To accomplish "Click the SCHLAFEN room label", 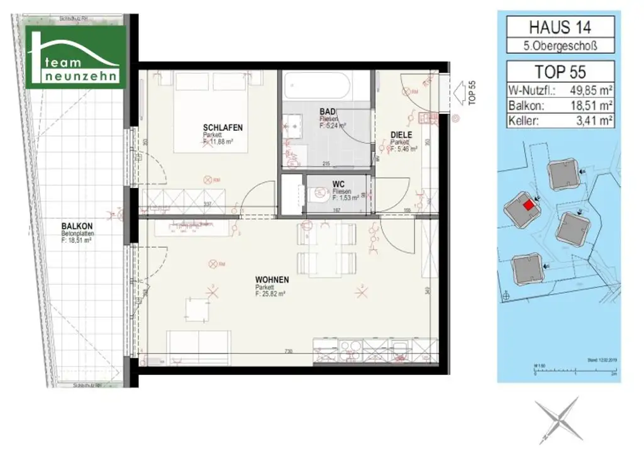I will click(222, 128).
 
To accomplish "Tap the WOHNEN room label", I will click(272, 279).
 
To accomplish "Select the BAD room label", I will click(328, 111).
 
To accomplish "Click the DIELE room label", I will click(401, 135).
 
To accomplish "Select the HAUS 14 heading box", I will click(560, 27).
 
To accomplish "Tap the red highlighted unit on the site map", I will click(529, 204).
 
